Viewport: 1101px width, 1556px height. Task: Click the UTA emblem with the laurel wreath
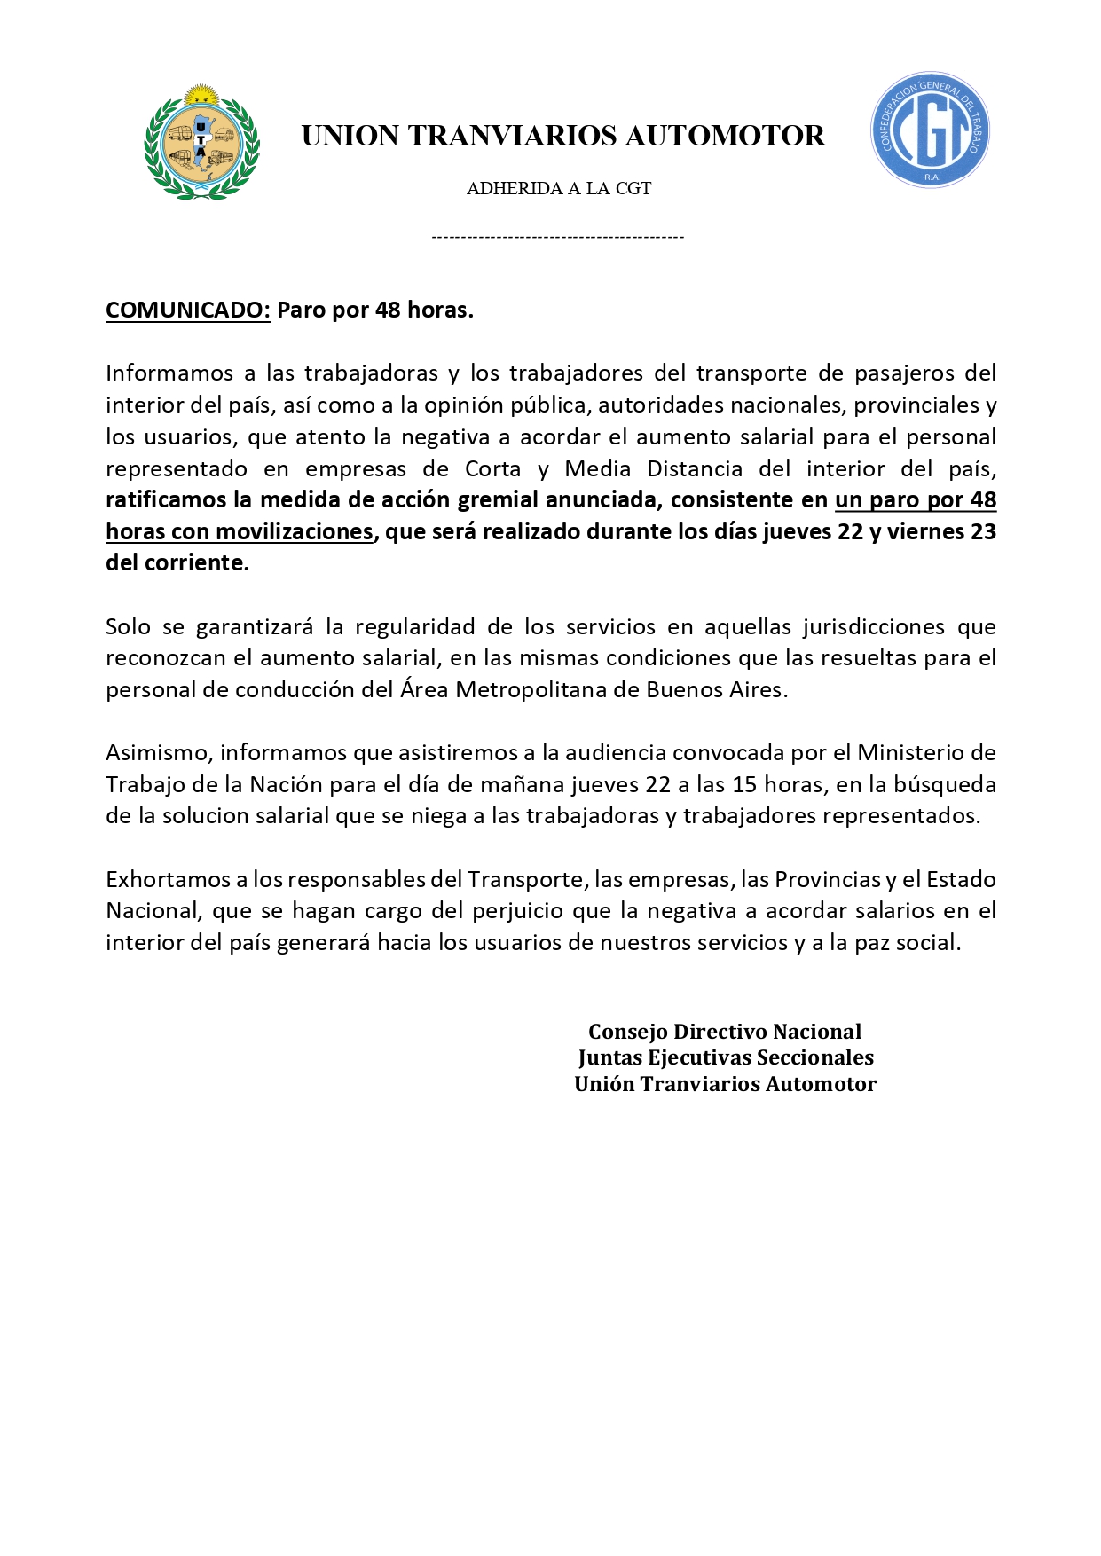pos(201,142)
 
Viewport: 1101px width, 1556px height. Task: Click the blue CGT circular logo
pos(930,130)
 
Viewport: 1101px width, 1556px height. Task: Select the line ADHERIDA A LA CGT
pos(559,188)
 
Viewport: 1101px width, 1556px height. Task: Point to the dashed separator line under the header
pos(557,237)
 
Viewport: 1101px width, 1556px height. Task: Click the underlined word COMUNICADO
pos(187,310)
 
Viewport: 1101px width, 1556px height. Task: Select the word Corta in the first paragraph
pos(492,468)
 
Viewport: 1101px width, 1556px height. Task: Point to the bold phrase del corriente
pos(177,562)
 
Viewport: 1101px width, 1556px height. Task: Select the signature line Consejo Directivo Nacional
pos(725,1032)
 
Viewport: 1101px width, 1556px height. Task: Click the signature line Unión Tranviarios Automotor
pos(725,1084)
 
